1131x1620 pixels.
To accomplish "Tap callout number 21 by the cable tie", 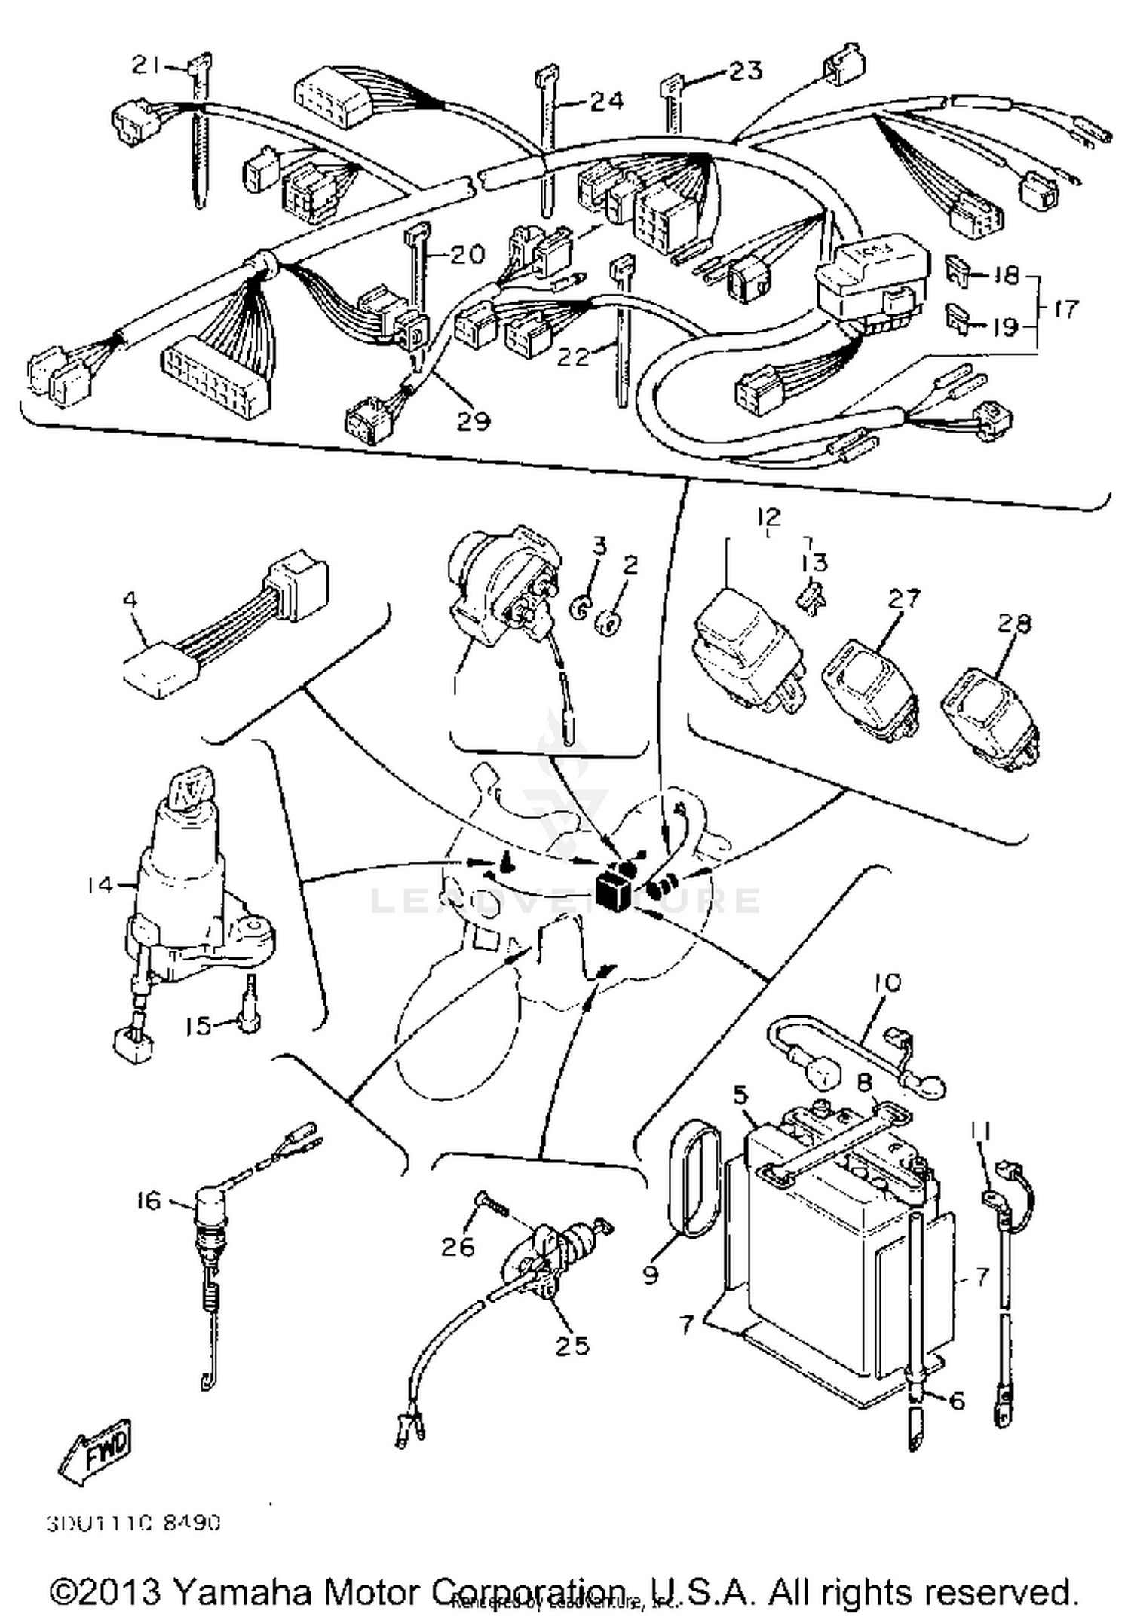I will pos(145,66).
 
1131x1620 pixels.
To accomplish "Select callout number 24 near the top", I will pos(606,101).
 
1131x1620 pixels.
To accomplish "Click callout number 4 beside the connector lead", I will pos(130,600).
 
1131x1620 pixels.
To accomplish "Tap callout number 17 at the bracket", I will pos(1065,308).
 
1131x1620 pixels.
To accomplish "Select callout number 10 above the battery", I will pos(887,983).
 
